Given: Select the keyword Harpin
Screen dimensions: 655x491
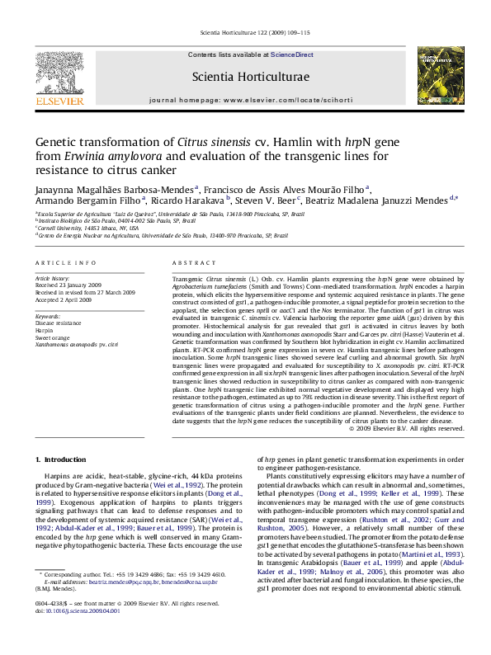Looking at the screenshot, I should click(x=45, y=327).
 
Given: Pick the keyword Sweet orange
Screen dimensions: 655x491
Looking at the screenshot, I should click(x=51, y=334).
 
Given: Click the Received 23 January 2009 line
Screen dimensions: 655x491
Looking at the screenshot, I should click(x=70, y=285).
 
